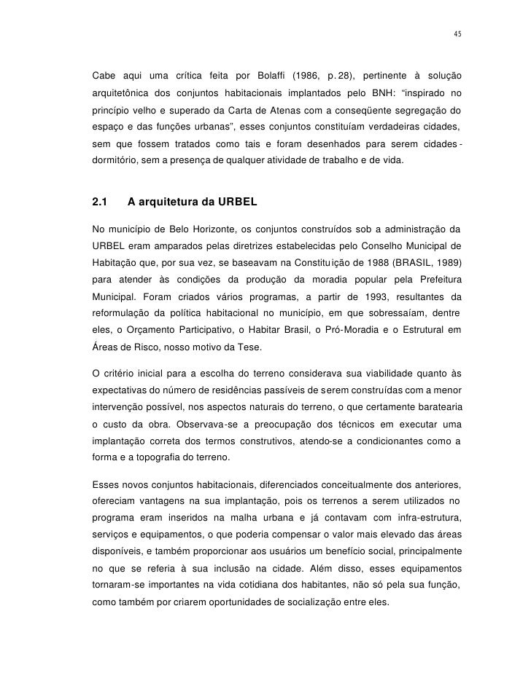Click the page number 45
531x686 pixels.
(457, 34)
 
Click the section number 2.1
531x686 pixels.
(101, 201)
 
